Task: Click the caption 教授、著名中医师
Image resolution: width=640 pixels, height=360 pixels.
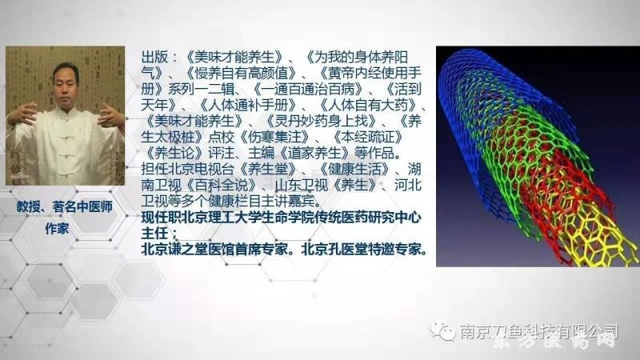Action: click(x=65, y=206)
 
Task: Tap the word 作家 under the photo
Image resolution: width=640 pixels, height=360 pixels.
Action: click(x=65, y=226)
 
